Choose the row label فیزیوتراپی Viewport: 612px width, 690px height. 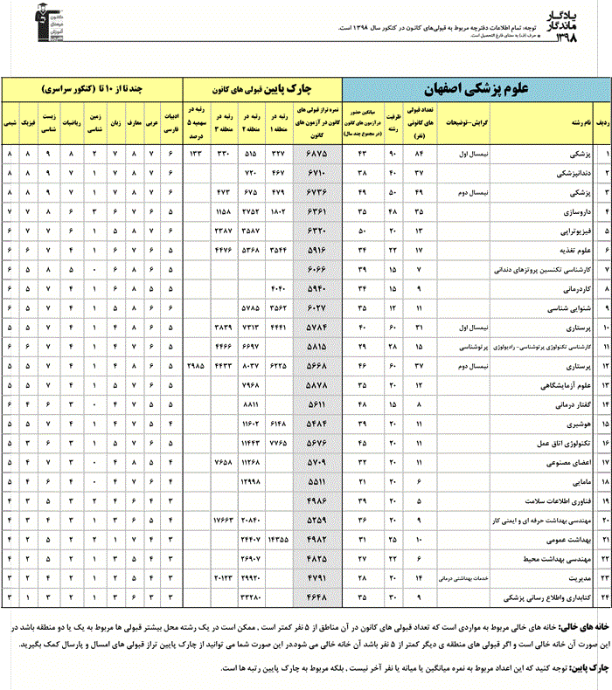(561, 231)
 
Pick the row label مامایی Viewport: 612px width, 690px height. (568, 482)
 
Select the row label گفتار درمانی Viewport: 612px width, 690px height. (560, 404)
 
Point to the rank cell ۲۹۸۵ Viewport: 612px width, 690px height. (197, 366)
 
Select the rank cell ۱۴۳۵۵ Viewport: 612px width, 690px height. (281, 540)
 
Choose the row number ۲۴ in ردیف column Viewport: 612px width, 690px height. (602, 597)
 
